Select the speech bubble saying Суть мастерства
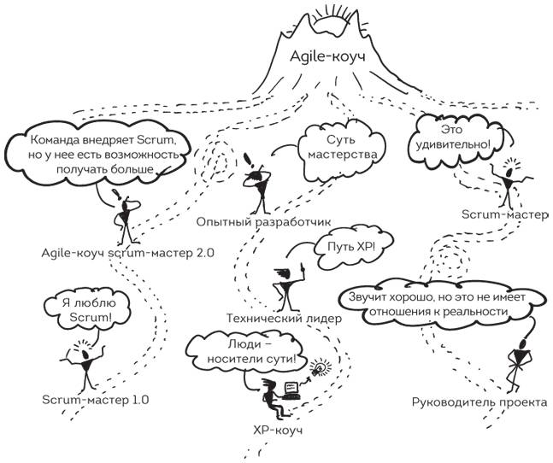point(340,146)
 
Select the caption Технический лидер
point(283,318)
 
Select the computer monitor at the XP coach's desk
point(291,390)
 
